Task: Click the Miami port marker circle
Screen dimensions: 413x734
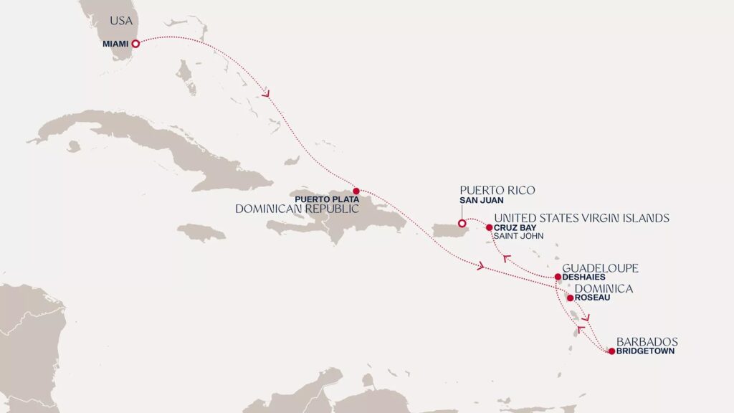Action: click(135, 44)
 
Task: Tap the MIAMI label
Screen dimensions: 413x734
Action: click(115, 44)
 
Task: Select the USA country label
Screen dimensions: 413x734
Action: click(121, 22)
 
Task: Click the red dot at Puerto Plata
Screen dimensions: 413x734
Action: click(356, 191)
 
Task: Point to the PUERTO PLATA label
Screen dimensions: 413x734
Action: click(327, 199)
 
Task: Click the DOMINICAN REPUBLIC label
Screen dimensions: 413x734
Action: click(297, 209)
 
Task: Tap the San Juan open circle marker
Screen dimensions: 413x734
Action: click(462, 222)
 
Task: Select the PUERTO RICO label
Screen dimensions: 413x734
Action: click(497, 190)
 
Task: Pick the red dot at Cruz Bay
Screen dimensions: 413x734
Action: click(489, 228)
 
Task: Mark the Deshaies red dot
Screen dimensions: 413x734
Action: click(558, 277)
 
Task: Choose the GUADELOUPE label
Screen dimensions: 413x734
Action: click(600, 268)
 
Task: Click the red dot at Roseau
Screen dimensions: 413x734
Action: click(570, 298)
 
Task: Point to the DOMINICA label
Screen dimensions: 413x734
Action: click(599, 288)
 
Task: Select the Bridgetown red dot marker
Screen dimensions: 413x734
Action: click(611, 351)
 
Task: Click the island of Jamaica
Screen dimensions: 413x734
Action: click(201, 232)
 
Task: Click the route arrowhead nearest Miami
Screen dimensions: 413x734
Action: click(267, 93)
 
